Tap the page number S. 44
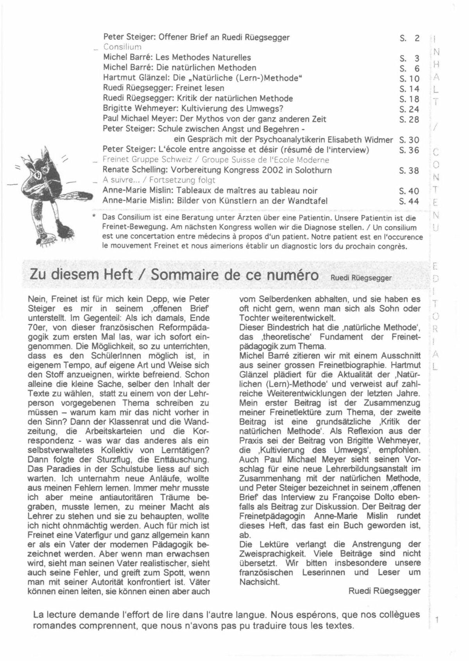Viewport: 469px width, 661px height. (x=409, y=201)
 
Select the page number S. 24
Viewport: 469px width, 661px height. (x=409, y=109)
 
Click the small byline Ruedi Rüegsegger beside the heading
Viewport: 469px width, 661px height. (x=361, y=277)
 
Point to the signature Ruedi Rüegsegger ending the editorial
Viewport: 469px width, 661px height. (x=384, y=591)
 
